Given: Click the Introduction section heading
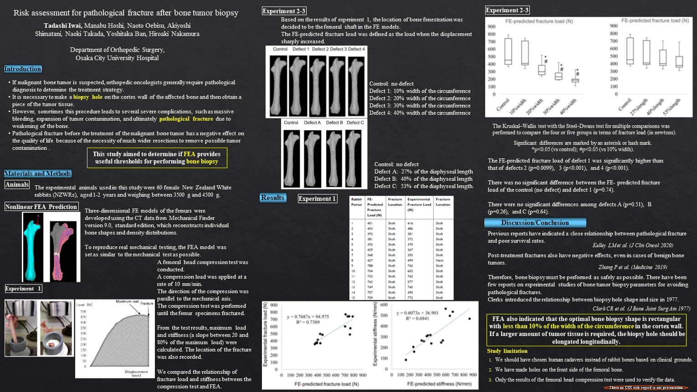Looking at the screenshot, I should point(23,69).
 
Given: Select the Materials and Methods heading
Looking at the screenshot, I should point(38,173).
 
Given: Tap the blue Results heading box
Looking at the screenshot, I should point(272,198).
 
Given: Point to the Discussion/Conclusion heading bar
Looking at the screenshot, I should point(535,223).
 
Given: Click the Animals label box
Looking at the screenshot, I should point(17,184).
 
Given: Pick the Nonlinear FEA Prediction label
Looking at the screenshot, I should point(41,207).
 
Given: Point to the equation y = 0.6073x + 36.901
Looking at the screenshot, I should point(417,313).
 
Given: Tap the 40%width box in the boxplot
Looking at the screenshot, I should point(575,81).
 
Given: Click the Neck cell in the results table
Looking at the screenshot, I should point(439,260).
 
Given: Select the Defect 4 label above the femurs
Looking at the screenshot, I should point(357,49).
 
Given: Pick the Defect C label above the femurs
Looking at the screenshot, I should point(355,122).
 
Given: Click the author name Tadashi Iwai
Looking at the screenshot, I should point(63,25).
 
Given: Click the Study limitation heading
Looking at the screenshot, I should point(507,351).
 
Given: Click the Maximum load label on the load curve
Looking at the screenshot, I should point(127,301).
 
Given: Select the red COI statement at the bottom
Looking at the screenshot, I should point(646,388).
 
